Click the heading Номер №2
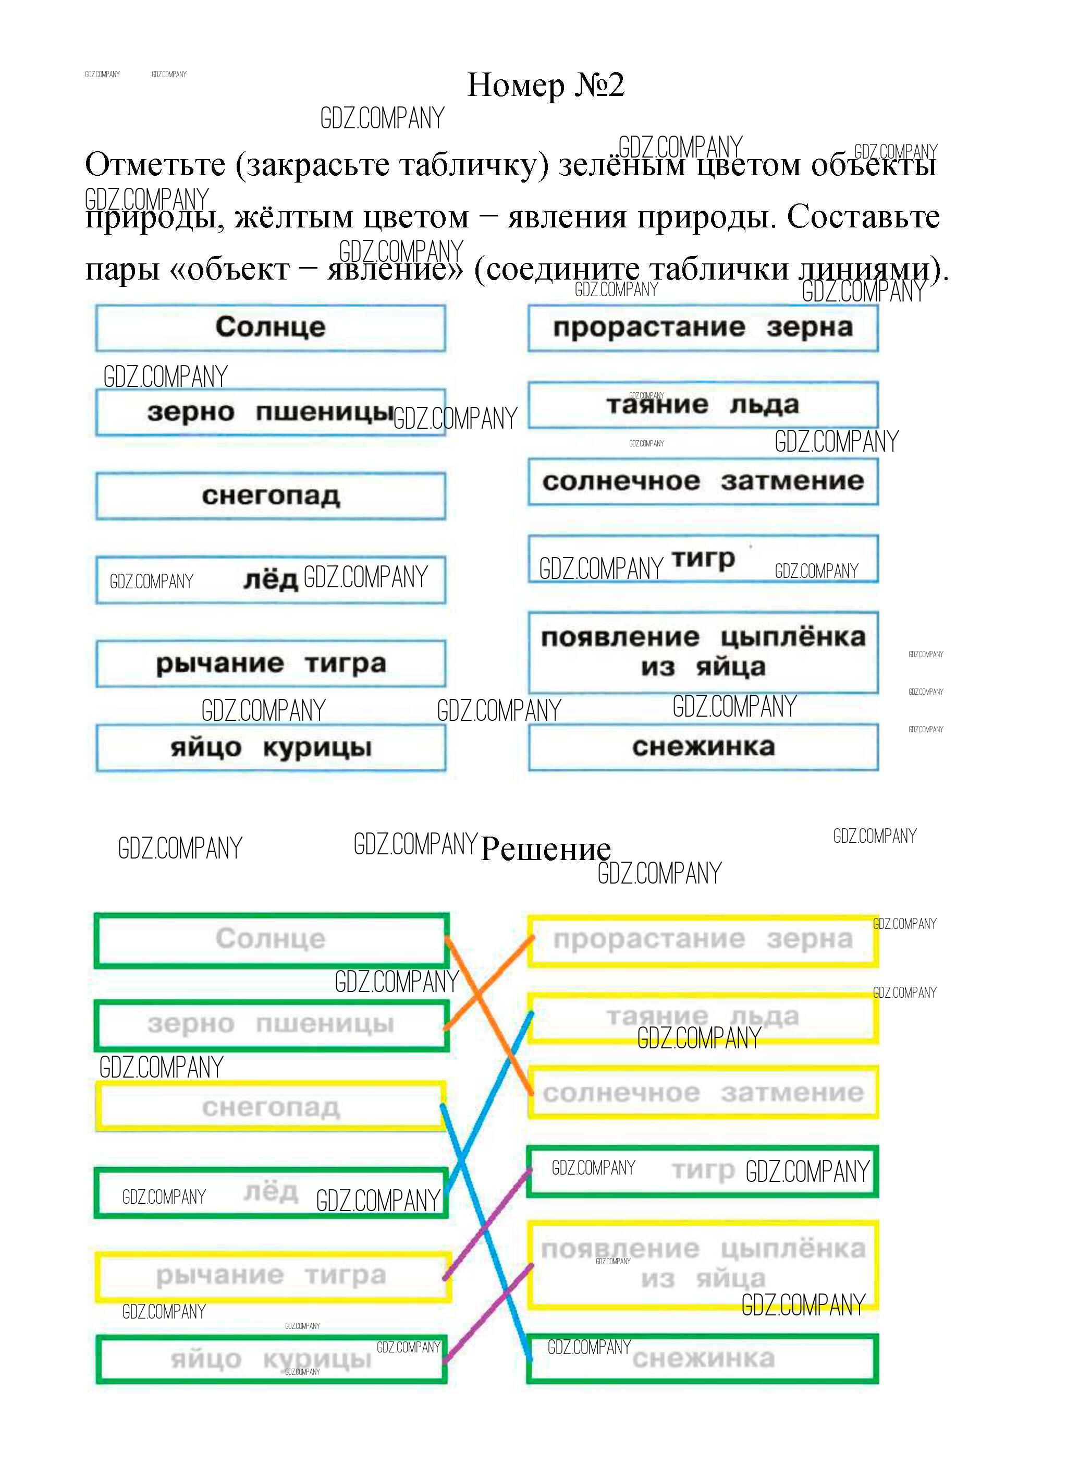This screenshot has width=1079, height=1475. (545, 85)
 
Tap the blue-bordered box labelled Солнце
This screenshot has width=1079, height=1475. (271, 328)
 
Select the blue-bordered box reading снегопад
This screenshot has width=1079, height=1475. (271, 496)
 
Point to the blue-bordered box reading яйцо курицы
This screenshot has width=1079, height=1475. (271, 747)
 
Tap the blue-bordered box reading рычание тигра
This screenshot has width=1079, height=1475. (271, 663)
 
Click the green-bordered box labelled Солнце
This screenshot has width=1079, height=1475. (271, 940)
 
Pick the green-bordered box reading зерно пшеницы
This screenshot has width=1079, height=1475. (271, 1024)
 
